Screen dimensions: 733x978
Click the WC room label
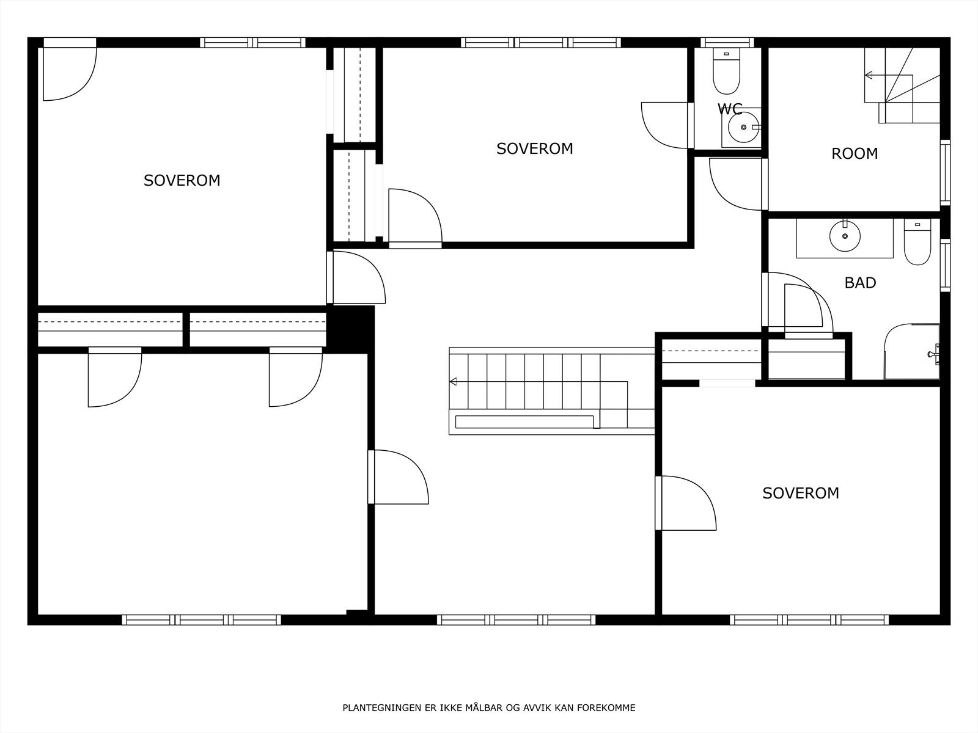(x=730, y=109)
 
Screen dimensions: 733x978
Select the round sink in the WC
(x=744, y=127)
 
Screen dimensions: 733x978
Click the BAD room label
(x=860, y=283)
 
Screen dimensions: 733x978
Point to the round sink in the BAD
(x=845, y=236)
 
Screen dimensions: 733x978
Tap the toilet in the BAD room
(x=917, y=244)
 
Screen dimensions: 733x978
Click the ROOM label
(x=855, y=154)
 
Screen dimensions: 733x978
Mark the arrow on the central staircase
(x=454, y=382)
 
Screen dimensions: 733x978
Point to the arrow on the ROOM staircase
(x=869, y=76)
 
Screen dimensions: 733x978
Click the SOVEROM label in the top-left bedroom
(x=182, y=181)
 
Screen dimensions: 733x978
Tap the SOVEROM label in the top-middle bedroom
(x=534, y=149)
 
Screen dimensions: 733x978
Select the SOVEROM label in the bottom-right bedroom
(x=800, y=494)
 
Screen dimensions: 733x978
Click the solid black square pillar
(x=350, y=328)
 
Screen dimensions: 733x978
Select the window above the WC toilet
(x=727, y=42)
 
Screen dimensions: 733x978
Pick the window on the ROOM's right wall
(x=945, y=173)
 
